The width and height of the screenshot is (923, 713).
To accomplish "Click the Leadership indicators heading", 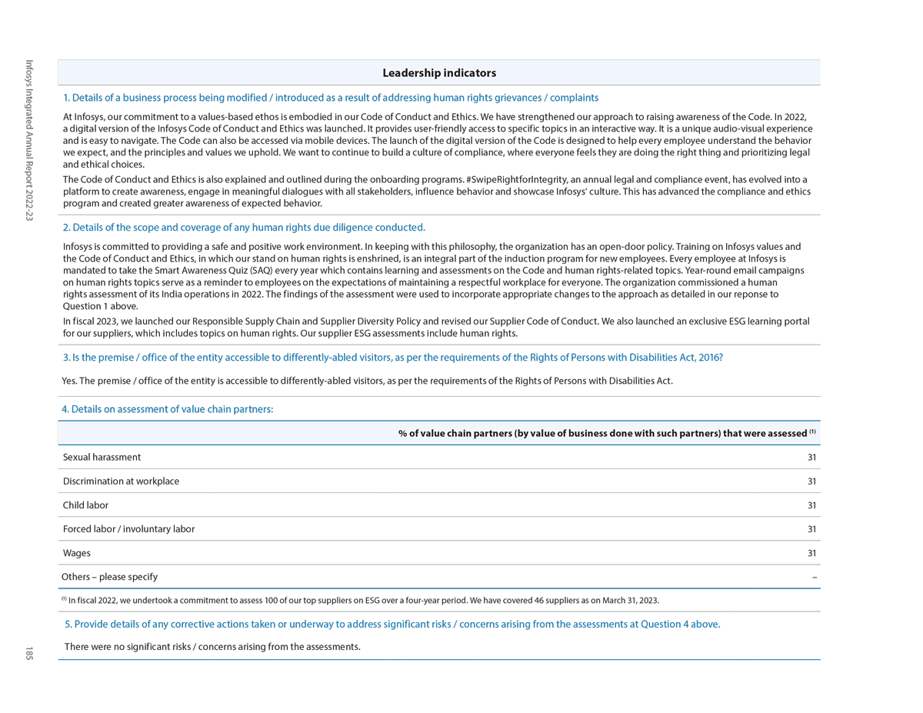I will [x=439, y=73].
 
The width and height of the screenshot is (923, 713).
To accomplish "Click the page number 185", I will [x=28, y=654].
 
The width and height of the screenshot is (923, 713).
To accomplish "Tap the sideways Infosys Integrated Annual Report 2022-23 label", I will [x=29, y=141].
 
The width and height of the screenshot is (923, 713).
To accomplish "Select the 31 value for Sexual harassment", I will [x=811, y=457].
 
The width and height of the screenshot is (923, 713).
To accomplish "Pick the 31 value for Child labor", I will [x=811, y=505].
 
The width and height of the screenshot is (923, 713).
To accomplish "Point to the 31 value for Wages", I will [x=811, y=553].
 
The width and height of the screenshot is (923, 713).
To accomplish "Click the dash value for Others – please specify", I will [x=814, y=577].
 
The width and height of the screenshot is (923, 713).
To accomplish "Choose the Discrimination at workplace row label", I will [x=121, y=481].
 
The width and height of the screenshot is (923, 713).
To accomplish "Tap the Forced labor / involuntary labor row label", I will [x=128, y=529].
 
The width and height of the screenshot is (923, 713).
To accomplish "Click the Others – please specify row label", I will [x=109, y=577].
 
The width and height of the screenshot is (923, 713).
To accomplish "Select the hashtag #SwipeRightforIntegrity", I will [x=517, y=180].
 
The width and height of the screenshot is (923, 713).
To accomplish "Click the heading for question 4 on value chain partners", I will [x=167, y=409].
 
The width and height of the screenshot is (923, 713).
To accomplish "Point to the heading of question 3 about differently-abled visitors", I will [x=392, y=358].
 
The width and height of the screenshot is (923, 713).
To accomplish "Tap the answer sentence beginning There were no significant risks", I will [x=212, y=647].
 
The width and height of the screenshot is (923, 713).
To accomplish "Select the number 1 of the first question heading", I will [x=66, y=98].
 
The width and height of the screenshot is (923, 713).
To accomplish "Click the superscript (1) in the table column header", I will [x=812, y=431].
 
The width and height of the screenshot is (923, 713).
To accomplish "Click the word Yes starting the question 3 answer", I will [x=69, y=381].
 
